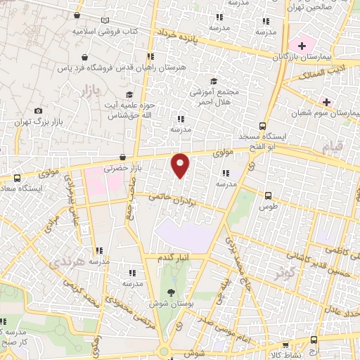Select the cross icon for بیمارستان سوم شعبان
point(326,101)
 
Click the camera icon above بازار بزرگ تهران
point(38,110)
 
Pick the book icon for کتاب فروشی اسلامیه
point(105,21)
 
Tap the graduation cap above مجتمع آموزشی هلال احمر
point(214,81)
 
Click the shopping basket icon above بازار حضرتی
point(123,157)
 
